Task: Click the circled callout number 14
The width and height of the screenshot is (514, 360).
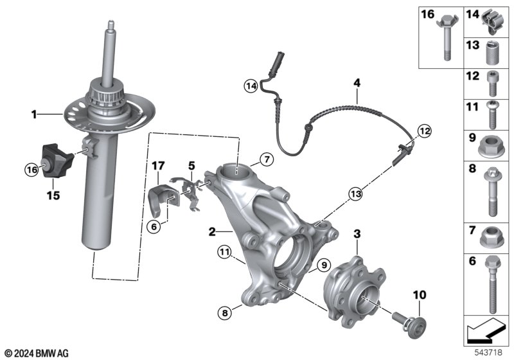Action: [250, 84]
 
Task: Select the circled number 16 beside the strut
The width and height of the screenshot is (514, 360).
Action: [31, 170]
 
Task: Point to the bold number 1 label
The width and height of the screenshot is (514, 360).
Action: [34, 115]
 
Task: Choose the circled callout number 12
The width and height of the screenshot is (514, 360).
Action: [422, 130]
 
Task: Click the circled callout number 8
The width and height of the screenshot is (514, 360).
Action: [224, 314]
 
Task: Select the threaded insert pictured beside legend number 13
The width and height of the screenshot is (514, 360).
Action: [492, 51]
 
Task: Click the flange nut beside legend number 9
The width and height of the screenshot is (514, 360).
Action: [492, 145]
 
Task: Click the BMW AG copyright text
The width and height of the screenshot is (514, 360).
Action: [35, 353]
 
